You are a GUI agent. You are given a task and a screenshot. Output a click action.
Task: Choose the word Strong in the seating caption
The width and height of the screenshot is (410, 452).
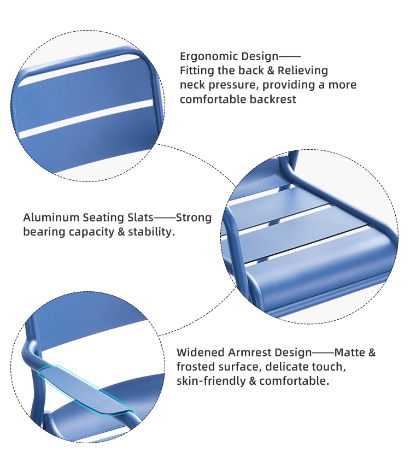pyautogui.click(x=194, y=218)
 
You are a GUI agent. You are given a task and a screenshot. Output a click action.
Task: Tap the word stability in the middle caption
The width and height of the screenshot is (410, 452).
pyautogui.click(x=151, y=232)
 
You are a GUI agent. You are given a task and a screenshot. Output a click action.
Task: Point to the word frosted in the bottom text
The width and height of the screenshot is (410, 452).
pyautogui.click(x=196, y=367)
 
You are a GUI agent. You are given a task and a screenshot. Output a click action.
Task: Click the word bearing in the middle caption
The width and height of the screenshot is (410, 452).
pyautogui.click(x=44, y=232)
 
